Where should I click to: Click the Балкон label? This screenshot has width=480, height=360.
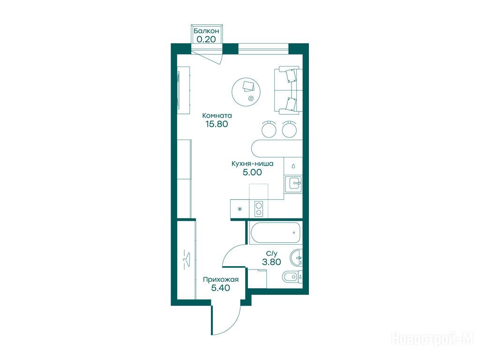206,31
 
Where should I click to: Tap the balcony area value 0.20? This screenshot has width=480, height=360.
206,39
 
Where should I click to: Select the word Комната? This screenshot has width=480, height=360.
217,116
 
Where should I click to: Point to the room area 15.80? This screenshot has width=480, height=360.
217,124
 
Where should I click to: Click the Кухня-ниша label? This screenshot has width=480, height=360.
253,164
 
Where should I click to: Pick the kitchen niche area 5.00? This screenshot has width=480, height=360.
252,172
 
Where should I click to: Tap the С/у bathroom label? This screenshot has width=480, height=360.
271,254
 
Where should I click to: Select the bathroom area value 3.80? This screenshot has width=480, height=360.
271,262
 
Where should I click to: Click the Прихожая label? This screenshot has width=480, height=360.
221,279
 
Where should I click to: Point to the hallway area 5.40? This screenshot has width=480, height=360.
221,288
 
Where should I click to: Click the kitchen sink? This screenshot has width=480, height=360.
293,184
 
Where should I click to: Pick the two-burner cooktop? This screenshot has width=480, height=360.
259,209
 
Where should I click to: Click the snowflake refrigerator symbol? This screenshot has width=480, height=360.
240,209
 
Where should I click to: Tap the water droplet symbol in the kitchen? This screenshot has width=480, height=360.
293,166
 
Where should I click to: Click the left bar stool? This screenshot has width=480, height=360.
269,129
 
